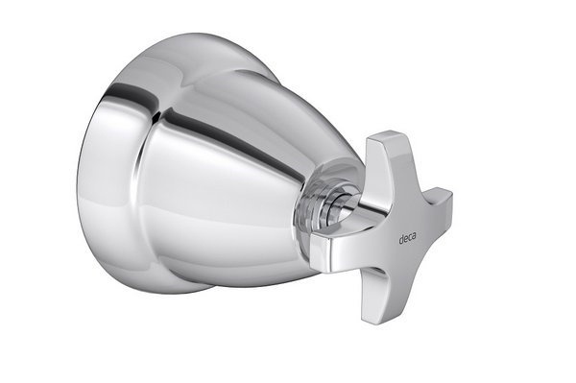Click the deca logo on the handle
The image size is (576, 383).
[407, 239]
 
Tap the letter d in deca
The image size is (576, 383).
[401, 239]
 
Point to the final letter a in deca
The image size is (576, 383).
[414, 237]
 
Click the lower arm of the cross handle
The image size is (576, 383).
[375, 294]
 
